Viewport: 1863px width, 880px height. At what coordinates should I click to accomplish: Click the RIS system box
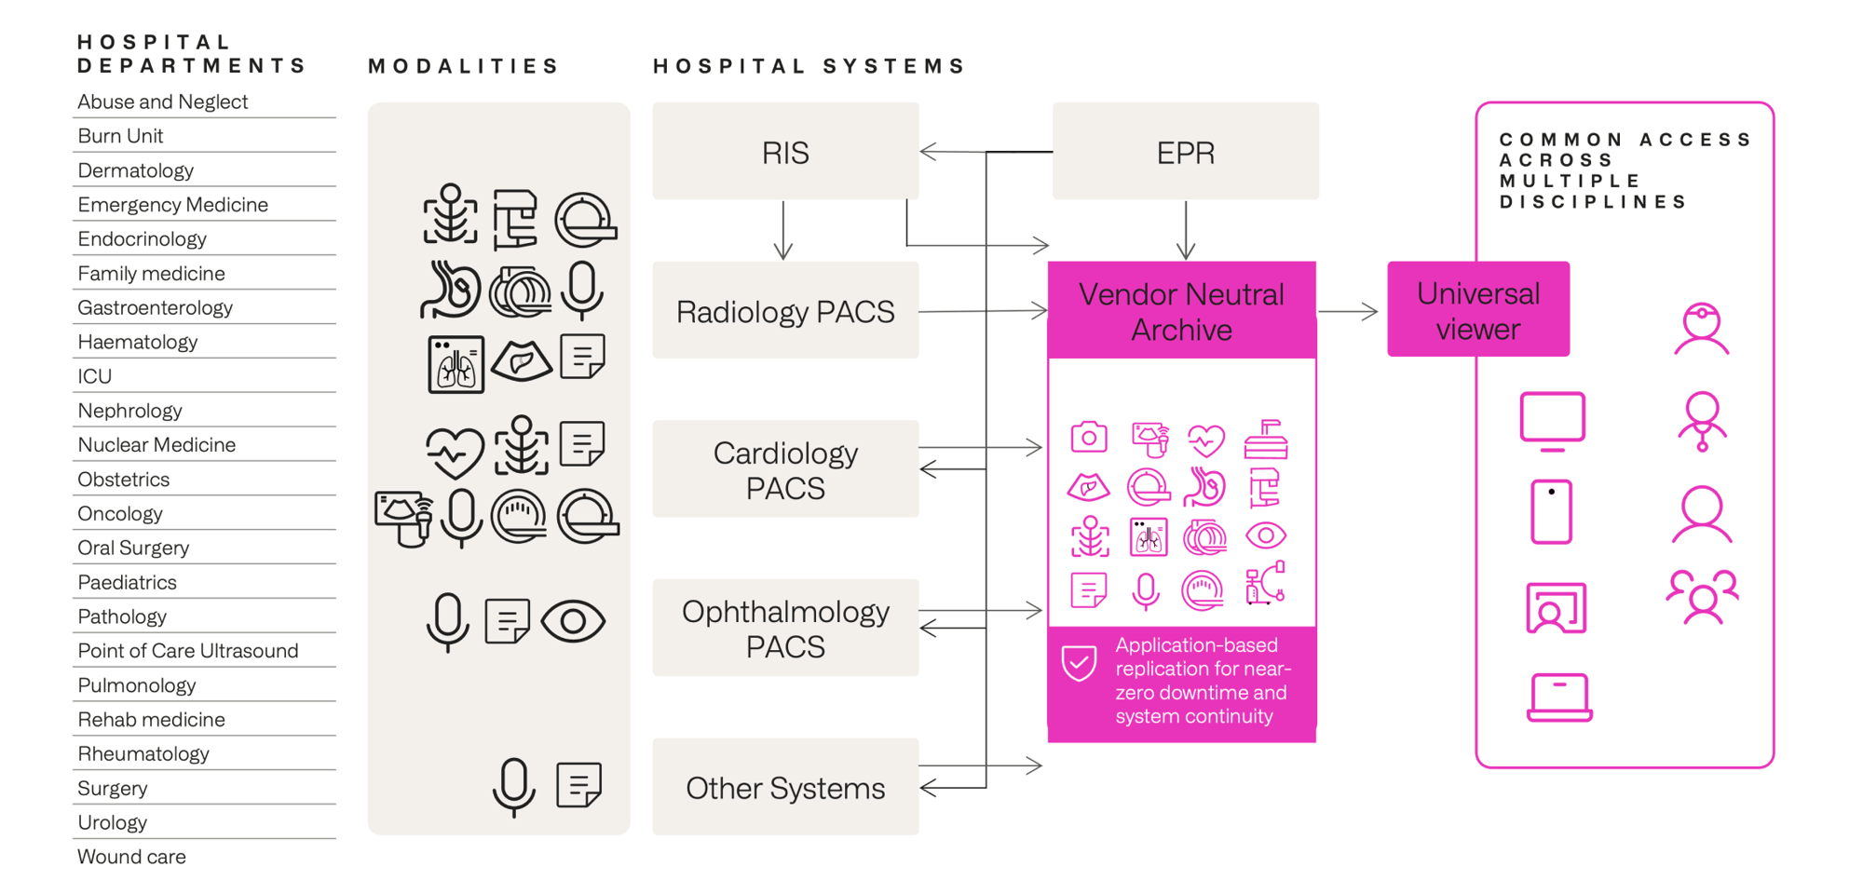coord(785,152)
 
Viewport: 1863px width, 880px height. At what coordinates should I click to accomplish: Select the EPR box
coord(1185,152)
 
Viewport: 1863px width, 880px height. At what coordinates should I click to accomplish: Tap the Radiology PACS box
coord(785,311)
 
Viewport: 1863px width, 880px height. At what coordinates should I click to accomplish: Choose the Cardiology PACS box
coord(785,469)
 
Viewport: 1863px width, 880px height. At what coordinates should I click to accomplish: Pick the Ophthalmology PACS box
coord(785,628)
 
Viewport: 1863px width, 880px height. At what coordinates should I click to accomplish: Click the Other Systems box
coord(785,788)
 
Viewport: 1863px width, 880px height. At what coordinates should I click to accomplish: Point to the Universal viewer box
coord(1477,310)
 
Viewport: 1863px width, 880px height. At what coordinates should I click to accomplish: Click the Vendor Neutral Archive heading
coord(1181,311)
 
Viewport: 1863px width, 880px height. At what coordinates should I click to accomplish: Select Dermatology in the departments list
coord(136,170)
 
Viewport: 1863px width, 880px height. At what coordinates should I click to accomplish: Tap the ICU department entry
coord(95,376)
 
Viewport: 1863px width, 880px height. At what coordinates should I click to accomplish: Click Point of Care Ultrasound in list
coord(188,651)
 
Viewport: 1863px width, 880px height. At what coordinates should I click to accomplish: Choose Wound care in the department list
coord(132,857)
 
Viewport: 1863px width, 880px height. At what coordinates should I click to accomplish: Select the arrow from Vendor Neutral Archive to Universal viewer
coord(1348,312)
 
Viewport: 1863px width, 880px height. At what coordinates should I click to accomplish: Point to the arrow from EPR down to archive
coord(1186,230)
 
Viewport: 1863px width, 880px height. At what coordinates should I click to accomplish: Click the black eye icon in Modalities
coord(573,621)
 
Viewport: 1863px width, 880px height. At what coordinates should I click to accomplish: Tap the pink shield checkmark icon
coord(1079,663)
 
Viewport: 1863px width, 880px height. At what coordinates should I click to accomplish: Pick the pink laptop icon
coord(1559,697)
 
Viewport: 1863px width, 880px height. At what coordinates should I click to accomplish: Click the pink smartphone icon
coord(1551,511)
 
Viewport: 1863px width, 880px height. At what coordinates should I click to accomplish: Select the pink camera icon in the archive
coord(1088,437)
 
